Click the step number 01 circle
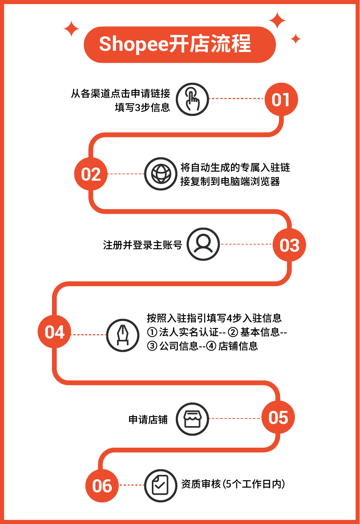(x=281, y=99)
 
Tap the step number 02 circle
(x=91, y=174)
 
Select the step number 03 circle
(x=289, y=245)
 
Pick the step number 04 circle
(x=54, y=332)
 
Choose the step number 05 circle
(x=278, y=417)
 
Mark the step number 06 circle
(x=102, y=486)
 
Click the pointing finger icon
(x=193, y=99)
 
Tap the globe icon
(x=161, y=174)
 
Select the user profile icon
(x=203, y=244)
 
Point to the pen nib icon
(x=123, y=335)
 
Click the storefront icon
(x=193, y=419)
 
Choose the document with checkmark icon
(x=161, y=486)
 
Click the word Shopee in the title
(x=134, y=44)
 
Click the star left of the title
(x=72, y=29)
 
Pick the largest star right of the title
(x=277, y=20)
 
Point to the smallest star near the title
(x=296, y=39)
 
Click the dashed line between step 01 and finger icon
(x=237, y=98)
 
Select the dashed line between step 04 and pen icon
(x=88, y=335)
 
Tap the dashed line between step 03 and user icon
(x=246, y=244)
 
